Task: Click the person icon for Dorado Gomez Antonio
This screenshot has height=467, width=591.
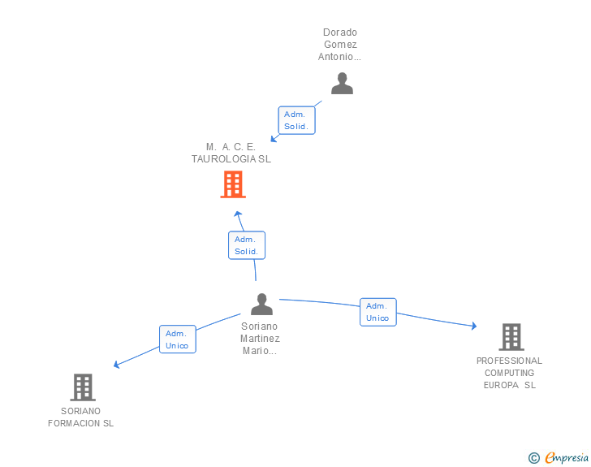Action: pos(342,84)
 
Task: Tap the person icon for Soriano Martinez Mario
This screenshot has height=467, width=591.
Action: pos(261,305)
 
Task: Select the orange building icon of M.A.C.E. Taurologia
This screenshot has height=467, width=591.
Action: pos(233,184)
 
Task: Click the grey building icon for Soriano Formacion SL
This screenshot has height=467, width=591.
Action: pos(83,387)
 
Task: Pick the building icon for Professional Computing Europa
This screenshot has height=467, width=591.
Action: pos(511,336)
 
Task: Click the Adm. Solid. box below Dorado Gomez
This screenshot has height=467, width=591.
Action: pos(295,121)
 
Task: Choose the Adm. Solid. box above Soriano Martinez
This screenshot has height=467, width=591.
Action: pos(246,245)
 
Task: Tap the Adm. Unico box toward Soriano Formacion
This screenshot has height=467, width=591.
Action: pos(177,339)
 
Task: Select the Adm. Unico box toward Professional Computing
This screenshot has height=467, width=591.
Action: pos(377,312)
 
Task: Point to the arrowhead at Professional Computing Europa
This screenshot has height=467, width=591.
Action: pos(473,326)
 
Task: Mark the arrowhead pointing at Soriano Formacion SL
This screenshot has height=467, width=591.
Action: pos(117,365)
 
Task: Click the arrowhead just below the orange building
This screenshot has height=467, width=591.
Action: pos(237,214)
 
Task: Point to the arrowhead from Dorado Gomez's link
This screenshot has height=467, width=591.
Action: pos(274,138)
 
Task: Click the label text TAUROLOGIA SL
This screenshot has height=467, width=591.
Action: pos(231,159)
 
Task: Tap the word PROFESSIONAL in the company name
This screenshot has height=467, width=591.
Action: pos(509,361)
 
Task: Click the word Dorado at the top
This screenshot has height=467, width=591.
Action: pos(340,33)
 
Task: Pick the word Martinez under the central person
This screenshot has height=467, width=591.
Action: pos(261,339)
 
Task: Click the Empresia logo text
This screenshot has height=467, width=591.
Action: pos(567,458)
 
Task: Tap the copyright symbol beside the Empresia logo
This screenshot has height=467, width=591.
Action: pos(533,458)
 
